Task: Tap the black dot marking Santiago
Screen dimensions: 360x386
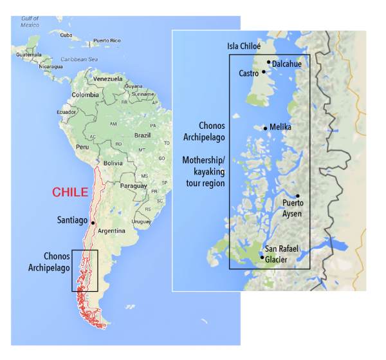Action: [93, 223]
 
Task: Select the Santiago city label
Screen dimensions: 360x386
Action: [71, 220]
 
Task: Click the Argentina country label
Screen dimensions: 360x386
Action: [112, 230]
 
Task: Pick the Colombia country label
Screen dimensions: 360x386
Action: [85, 95]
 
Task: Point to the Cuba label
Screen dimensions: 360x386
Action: [66, 35]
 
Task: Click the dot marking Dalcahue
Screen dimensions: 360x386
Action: [269, 62]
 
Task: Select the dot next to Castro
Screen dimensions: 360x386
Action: [264, 72]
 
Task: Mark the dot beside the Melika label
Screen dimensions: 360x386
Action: [266, 128]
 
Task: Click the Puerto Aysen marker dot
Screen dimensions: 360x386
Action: [298, 196]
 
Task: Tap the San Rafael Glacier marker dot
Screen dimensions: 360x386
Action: [262, 258]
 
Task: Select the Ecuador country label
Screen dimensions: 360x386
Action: [66, 111]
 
